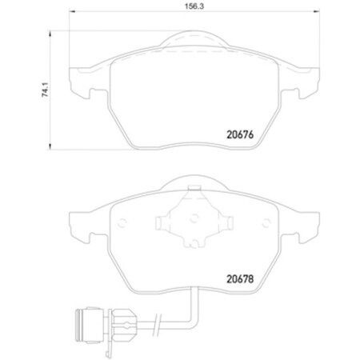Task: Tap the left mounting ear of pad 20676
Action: pyautogui.click(x=83, y=78)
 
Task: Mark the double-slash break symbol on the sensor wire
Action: pyautogui.click(x=138, y=328)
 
